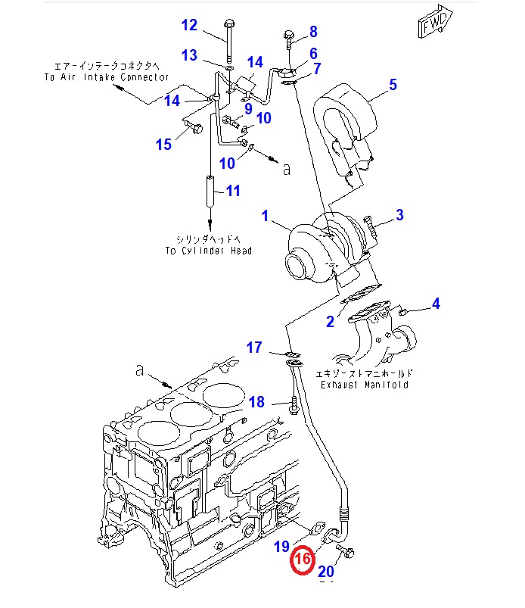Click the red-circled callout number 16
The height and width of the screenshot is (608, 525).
(303, 560)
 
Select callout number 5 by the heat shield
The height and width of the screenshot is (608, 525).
(393, 85)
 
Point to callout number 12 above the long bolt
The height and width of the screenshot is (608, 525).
(188, 26)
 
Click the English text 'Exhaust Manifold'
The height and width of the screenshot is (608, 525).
(364, 385)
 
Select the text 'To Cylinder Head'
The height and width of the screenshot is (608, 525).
(209, 251)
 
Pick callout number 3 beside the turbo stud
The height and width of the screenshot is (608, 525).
(399, 215)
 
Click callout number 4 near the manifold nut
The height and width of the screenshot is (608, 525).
(435, 304)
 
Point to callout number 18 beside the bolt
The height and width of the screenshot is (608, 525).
(256, 402)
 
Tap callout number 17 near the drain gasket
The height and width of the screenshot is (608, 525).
(254, 348)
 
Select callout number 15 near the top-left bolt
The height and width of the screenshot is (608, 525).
(164, 145)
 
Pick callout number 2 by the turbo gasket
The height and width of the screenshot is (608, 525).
(330, 322)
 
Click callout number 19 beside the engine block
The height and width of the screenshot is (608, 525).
(281, 545)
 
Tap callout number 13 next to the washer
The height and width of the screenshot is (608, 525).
(188, 55)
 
